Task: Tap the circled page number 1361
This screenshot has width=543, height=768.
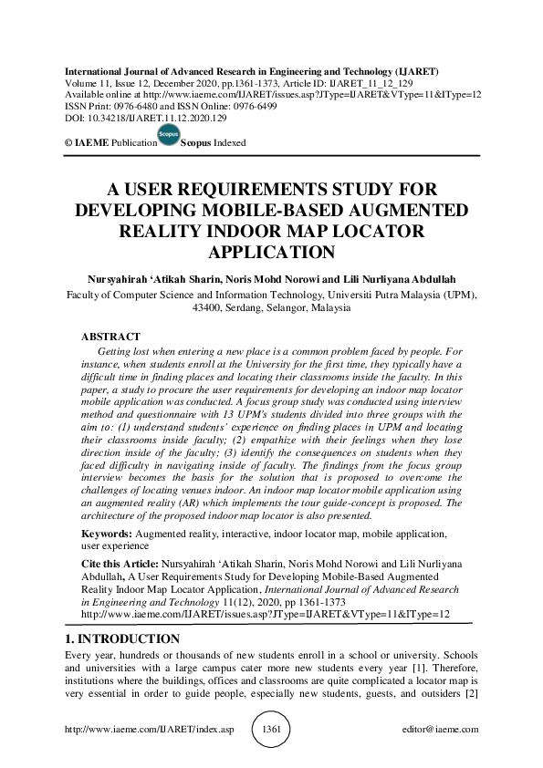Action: (x=271, y=731)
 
